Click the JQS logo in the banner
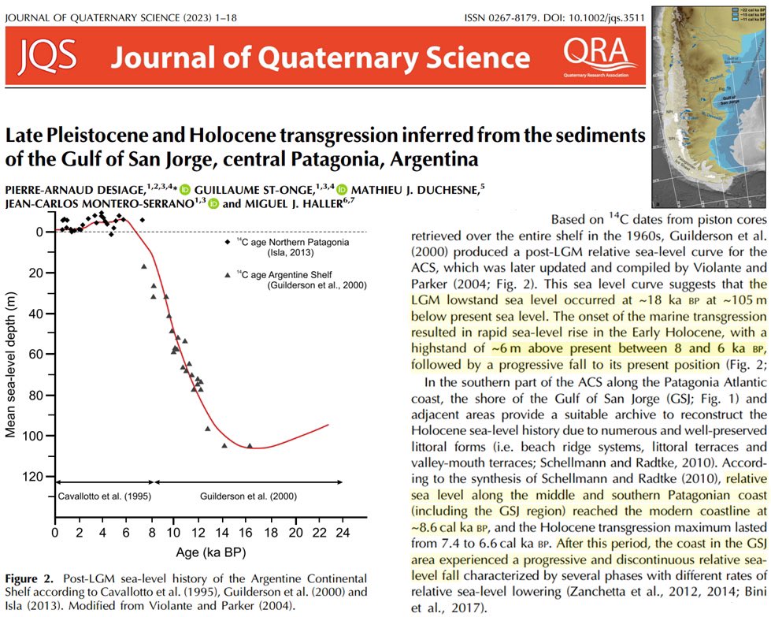click(x=47, y=56)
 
